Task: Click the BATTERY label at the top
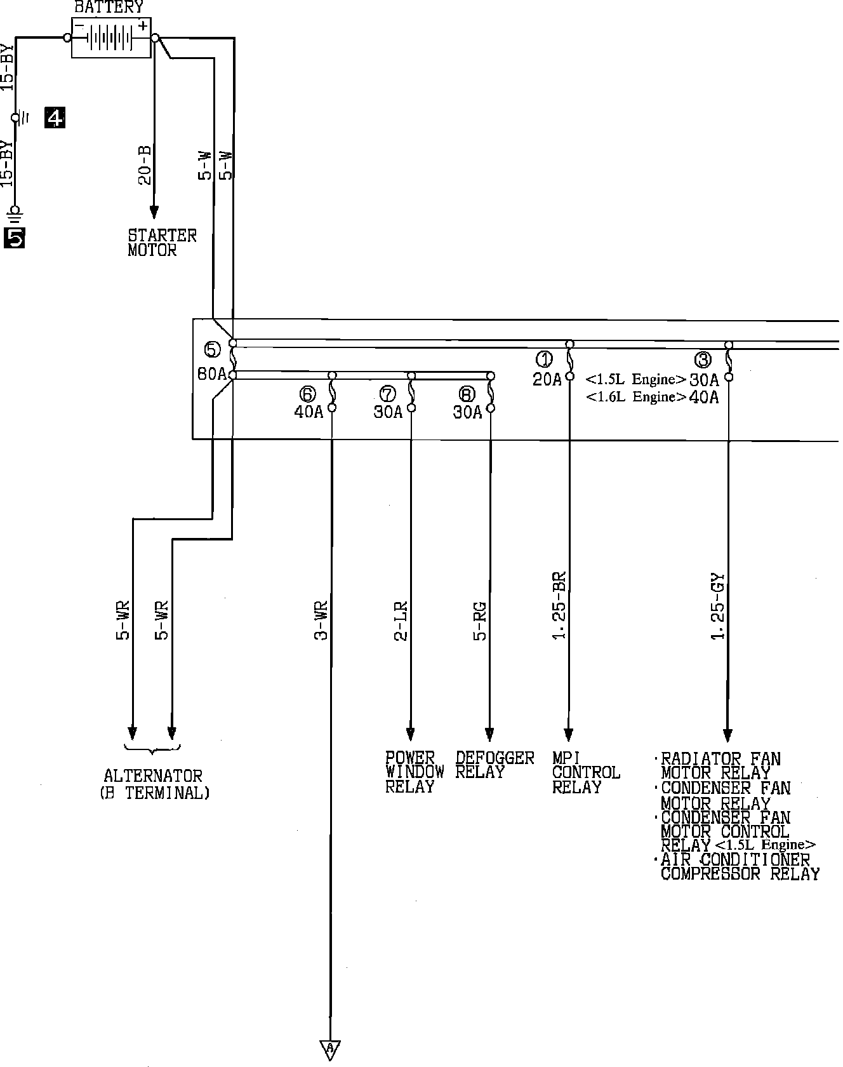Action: pyautogui.click(x=109, y=8)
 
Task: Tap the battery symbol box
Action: pyautogui.click(x=111, y=38)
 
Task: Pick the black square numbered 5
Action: pyautogui.click(x=15, y=237)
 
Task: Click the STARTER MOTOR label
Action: pyautogui.click(x=162, y=243)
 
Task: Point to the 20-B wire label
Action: pyautogui.click(x=145, y=165)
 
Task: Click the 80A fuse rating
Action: pyautogui.click(x=212, y=374)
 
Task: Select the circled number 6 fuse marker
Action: pyautogui.click(x=308, y=394)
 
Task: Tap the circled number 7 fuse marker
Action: pyautogui.click(x=387, y=394)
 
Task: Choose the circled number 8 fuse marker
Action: pyautogui.click(x=467, y=394)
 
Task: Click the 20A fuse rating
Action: pyautogui.click(x=547, y=379)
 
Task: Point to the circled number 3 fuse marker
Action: pyautogui.click(x=703, y=360)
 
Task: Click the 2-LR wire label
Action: pyautogui.click(x=401, y=621)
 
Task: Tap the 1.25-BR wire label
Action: pyautogui.click(x=559, y=607)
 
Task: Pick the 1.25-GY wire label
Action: pyautogui.click(x=718, y=607)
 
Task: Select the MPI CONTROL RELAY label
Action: pyautogui.click(x=585, y=772)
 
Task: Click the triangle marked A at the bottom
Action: pyautogui.click(x=330, y=1050)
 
